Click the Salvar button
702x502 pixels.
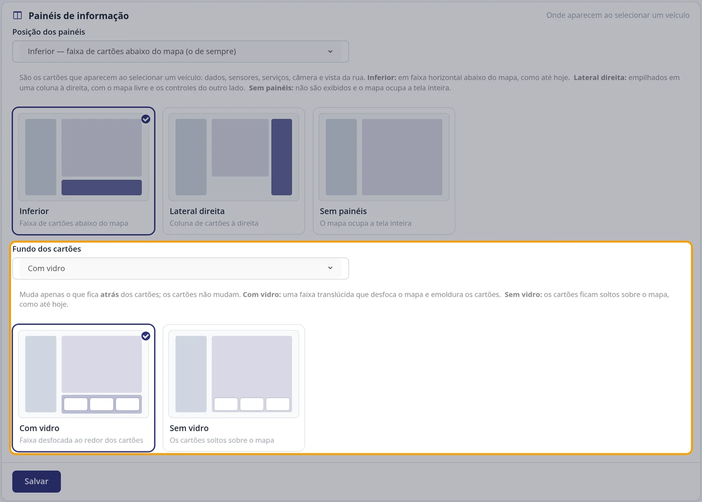pyautogui.click(x=36, y=481)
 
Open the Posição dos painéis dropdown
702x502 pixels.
pyautogui.click(x=181, y=51)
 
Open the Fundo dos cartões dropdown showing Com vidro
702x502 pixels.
pyautogui.click(x=181, y=268)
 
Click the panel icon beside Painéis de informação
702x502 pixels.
pyautogui.click(x=18, y=16)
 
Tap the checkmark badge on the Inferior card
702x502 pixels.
pyautogui.click(x=146, y=119)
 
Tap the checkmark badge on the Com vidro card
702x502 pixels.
pyautogui.click(x=146, y=336)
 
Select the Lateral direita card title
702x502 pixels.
pyautogui.click(x=197, y=211)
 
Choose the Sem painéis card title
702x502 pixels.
pyautogui.click(x=343, y=211)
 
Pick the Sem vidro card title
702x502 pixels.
pyautogui.click(x=189, y=428)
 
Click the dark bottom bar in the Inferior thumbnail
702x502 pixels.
pyautogui.click(x=101, y=188)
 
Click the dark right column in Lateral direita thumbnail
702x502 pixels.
pyautogui.click(x=282, y=157)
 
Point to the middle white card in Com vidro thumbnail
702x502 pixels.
pyautogui.click(x=101, y=404)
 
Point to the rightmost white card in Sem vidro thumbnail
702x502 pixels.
pyautogui.click(x=278, y=404)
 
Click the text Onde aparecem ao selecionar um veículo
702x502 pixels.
pyautogui.click(x=618, y=16)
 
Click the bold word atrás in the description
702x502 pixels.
pyautogui.click(x=109, y=294)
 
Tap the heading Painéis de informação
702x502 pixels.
pyautogui.click(x=79, y=16)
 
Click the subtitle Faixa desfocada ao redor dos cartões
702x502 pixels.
pyautogui.click(x=81, y=440)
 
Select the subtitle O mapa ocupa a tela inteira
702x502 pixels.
pyautogui.click(x=366, y=223)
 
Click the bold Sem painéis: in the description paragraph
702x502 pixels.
pyautogui.click(x=271, y=88)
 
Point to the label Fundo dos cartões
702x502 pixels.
pyautogui.click(x=47, y=249)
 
